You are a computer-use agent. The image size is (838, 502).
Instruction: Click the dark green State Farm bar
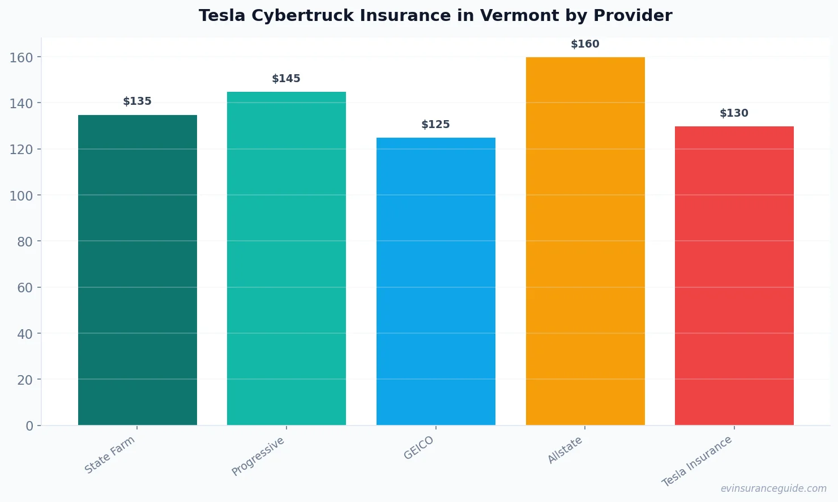[x=138, y=270]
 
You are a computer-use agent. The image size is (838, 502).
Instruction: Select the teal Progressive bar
[x=287, y=258]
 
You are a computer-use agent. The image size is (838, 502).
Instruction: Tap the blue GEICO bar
[x=436, y=281]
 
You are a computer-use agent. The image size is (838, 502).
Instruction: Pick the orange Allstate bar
[x=585, y=241]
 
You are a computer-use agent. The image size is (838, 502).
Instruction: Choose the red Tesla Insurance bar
[x=734, y=275]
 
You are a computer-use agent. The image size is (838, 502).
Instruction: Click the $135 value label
[x=138, y=101]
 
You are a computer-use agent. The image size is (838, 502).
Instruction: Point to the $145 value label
[x=287, y=79]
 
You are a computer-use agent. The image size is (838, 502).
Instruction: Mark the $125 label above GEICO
[x=436, y=125]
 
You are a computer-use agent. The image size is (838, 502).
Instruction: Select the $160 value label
[x=585, y=44]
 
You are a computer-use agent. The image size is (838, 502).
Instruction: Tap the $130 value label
[x=734, y=113]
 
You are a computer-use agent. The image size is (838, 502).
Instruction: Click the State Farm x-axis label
[x=110, y=454]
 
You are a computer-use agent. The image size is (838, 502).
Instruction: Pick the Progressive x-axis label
[x=258, y=456]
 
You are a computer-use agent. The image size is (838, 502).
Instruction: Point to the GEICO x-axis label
[x=419, y=448]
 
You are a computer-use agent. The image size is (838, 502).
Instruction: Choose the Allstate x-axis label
[x=565, y=450]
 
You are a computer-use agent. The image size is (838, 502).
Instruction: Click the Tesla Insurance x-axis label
[x=697, y=461]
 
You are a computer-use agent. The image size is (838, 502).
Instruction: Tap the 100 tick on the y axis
[x=21, y=195]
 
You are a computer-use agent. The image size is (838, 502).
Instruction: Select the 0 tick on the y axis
[x=29, y=426]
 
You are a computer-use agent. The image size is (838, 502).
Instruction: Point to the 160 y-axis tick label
[x=21, y=57]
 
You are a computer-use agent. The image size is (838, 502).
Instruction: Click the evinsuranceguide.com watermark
[x=773, y=488]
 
